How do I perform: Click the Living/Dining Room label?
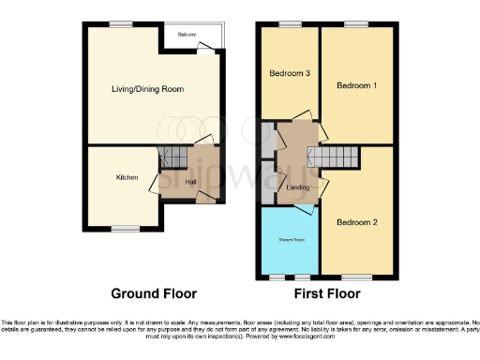(x=145, y=89)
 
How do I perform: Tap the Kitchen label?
(x=127, y=177)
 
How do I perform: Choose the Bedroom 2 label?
(x=356, y=222)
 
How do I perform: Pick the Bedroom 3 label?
(x=289, y=73)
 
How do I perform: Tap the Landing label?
(x=298, y=187)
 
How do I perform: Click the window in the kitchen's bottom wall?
(x=125, y=228)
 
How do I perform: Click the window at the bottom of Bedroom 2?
(x=356, y=277)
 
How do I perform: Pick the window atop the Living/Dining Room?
(x=120, y=22)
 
